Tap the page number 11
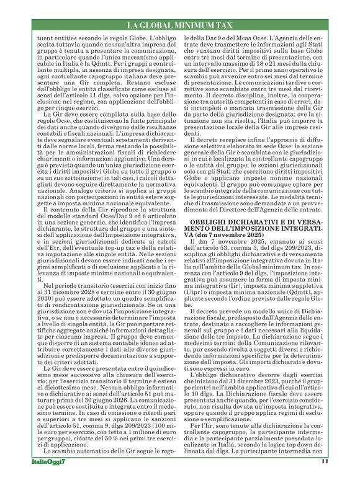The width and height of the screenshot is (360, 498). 324,478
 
